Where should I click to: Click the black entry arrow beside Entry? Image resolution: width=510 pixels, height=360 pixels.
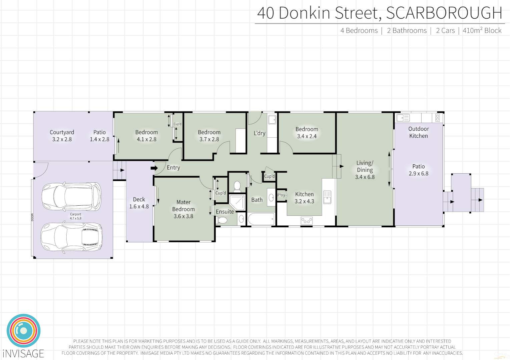point(154,168)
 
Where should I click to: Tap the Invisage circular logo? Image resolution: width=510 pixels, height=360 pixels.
point(24,331)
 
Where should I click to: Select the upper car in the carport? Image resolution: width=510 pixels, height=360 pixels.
point(71,196)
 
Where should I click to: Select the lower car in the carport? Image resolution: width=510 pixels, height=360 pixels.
point(71,237)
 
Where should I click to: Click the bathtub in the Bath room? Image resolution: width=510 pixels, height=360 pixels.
point(261,219)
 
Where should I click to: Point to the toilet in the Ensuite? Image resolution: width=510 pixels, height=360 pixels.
point(222,220)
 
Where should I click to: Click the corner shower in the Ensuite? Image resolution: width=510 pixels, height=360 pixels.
point(237,202)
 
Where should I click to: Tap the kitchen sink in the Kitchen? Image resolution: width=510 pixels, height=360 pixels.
point(327,197)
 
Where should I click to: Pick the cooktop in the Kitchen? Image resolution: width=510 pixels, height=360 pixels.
point(307,220)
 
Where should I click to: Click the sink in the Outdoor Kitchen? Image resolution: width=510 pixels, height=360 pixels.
point(403,118)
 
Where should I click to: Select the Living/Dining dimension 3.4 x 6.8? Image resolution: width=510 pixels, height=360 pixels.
point(365,177)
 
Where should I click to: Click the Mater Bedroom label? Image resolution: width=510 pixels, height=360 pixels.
point(183,206)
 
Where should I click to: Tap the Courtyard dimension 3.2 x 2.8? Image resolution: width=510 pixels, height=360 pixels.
point(62,139)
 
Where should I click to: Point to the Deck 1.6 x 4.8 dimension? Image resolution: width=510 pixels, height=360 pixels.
point(139,206)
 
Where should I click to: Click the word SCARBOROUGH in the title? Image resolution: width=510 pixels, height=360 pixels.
point(444,13)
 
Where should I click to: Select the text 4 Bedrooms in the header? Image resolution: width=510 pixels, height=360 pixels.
point(359,31)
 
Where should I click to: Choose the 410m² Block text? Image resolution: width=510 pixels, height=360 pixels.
point(482,31)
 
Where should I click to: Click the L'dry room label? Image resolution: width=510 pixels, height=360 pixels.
point(260,133)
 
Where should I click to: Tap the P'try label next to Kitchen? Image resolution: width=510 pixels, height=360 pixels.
point(281,195)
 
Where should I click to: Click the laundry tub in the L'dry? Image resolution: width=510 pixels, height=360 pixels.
point(272,119)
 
